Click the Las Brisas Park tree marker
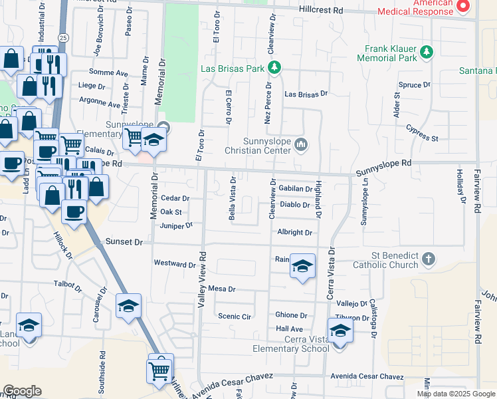[273, 68]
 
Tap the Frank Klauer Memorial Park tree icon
[427, 52]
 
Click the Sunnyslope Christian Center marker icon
[302, 144]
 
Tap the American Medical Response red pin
[463, 7]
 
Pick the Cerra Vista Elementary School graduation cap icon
[340, 330]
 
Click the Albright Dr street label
[295, 233]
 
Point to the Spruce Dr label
[415, 85]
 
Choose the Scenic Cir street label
[235, 317]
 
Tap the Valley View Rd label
[201, 275]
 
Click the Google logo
[23, 391]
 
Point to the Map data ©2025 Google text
[456, 394]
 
